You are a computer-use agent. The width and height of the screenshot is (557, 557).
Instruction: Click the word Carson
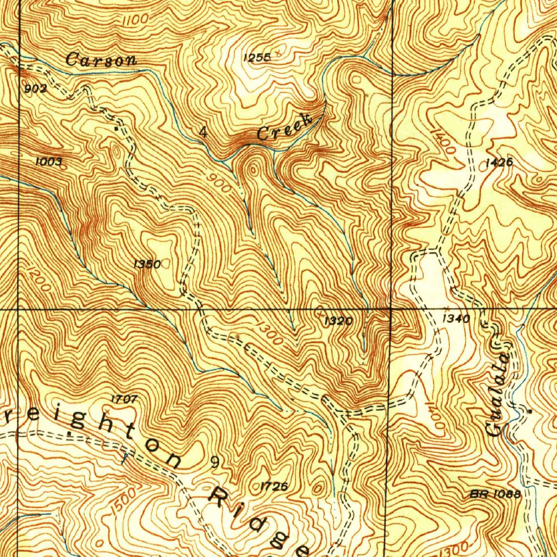[x=101, y=59]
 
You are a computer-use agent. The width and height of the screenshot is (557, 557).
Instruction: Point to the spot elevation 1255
[x=257, y=57]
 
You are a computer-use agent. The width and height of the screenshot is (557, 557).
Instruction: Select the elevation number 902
[x=36, y=89]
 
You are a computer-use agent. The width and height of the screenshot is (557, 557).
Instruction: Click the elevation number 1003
[x=48, y=162]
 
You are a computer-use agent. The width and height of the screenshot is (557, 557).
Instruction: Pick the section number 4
[x=203, y=132]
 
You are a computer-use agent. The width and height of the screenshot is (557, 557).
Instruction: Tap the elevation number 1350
[x=147, y=264]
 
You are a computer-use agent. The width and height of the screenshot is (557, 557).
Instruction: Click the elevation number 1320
[x=338, y=321]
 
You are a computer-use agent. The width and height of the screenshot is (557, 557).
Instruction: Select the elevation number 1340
[x=456, y=319]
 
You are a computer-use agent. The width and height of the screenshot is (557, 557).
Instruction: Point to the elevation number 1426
[x=499, y=162]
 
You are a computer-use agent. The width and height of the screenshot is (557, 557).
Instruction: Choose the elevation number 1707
[x=124, y=399]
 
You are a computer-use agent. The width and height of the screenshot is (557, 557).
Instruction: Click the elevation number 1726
[x=274, y=486]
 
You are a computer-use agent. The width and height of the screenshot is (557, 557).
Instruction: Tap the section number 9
[x=215, y=463]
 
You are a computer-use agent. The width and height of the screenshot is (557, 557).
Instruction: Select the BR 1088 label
[x=496, y=494]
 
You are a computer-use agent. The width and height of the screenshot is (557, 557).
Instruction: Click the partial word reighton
[x=92, y=435]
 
